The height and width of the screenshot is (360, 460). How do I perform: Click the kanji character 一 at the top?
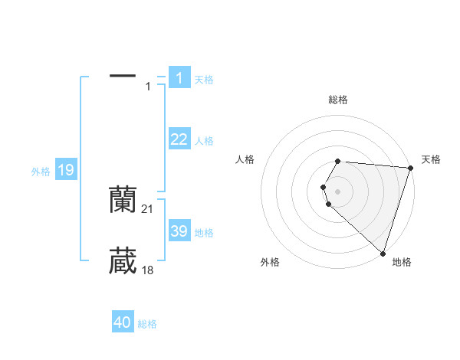[x=123, y=77]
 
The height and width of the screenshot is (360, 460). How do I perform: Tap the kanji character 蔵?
[x=123, y=261]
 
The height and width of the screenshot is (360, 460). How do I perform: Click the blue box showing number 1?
[x=179, y=78]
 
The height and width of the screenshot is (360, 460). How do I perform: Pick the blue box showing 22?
[x=179, y=139]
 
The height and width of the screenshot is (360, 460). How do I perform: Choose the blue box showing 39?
[x=179, y=231]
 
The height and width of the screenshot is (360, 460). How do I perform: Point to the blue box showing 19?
[x=66, y=170]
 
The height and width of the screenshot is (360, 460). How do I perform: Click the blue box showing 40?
[x=123, y=322]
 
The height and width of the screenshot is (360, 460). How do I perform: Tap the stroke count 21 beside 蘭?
[x=148, y=209]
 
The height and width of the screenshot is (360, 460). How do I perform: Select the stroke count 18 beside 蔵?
[x=148, y=270]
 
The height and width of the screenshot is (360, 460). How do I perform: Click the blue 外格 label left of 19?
[x=41, y=172]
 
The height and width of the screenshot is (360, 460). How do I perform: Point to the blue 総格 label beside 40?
[x=147, y=324]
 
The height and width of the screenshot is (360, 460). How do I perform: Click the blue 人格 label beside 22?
[x=204, y=141]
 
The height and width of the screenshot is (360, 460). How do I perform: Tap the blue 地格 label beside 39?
[x=204, y=233]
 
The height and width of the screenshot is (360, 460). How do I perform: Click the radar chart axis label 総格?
[x=337, y=100]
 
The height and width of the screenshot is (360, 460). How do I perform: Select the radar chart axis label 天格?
[x=432, y=159]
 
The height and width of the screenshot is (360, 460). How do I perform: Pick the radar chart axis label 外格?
[x=270, y=263]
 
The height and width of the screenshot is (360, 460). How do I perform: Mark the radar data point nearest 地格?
[x=383, y=253]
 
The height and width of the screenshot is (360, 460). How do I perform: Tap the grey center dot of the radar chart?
[x=337, y=191]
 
